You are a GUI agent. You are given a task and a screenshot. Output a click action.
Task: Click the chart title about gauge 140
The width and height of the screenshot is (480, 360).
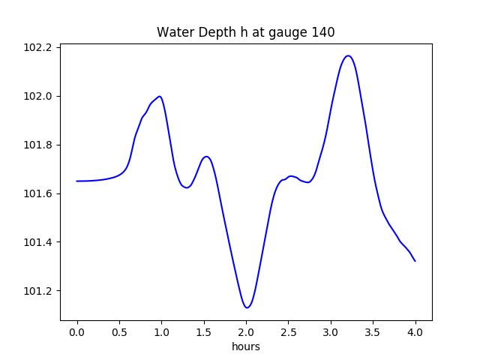245,32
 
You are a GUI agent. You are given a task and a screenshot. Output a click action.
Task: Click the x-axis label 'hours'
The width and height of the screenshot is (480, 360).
245,347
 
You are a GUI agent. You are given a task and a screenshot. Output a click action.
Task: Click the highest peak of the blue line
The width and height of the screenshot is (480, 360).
348,55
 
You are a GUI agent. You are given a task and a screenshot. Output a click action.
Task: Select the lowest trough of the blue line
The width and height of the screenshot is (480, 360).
247,307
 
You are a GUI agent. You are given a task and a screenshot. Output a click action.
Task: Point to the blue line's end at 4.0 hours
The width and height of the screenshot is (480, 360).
415,261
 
